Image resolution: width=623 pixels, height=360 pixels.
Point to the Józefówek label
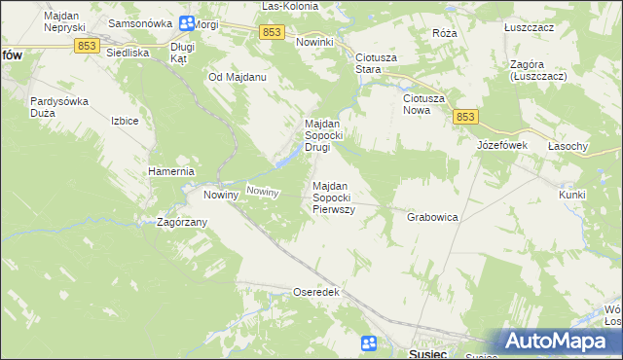point(501,145)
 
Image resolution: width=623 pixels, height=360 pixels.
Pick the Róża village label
point(444,32)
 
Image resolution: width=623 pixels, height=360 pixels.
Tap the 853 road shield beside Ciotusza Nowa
point(465,117)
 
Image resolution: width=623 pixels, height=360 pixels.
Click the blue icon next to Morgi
point(183,22)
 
